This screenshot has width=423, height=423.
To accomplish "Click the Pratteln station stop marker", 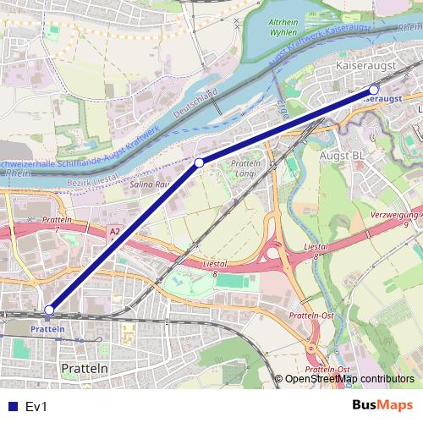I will (x=50, y=310).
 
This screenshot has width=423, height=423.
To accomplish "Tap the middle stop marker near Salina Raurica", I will (x=199, y=162).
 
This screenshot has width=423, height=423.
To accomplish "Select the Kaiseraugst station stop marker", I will (x=374, y=88).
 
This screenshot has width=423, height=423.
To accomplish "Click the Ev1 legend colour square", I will (x=13, y=407).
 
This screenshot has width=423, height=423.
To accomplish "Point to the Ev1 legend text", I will (x=37, y=407).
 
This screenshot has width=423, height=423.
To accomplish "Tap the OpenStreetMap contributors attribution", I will (x=349, y=379).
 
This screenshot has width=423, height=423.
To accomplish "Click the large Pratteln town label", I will (x=85, y=369).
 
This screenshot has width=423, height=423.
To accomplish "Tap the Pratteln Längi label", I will (x=244, y=168).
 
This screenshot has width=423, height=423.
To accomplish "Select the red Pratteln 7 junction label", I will (x=55, y=224).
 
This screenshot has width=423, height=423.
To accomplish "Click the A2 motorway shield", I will (x=115, y=230).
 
